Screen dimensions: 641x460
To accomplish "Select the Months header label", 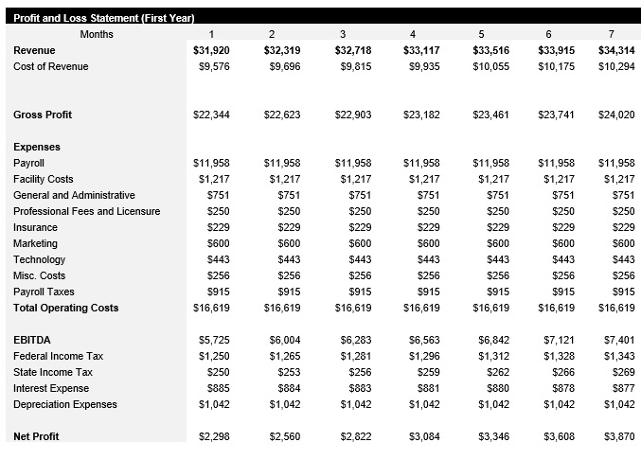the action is coord(97,35).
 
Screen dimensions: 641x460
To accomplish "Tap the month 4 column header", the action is coord(413,35).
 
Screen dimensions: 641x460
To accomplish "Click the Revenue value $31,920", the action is coord(211,50).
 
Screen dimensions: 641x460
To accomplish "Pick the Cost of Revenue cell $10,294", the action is coord(617,66).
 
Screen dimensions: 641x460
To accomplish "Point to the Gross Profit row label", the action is coord(43,115).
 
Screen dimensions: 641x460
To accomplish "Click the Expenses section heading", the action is coord(37,147).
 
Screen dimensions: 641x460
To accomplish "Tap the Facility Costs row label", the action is coord(44,179).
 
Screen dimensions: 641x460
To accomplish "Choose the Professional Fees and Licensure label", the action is coord(87,211).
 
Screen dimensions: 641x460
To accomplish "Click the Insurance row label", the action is coord(35,227).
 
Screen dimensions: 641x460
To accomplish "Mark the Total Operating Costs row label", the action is coord(66,308).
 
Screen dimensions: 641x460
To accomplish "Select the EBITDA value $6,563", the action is coord(421,340).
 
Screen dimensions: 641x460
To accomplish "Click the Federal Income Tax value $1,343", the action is coord(619,356).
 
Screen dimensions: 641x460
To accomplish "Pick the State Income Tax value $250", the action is coord(214,372).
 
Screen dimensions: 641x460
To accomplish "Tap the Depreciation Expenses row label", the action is coord(65,404).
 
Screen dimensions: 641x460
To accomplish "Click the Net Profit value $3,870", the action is coord(619,436).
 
